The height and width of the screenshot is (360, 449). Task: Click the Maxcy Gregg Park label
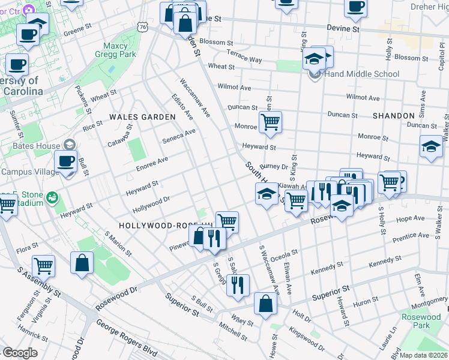pyautogui.click(x=119, y=50)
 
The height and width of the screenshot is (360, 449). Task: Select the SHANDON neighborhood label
pyautogui.click(x=393, y=115)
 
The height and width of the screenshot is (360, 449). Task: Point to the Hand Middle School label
pyautogui.click(x=361, y=74)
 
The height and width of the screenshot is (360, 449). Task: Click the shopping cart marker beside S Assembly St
pyautogui.click(x=43, y=265)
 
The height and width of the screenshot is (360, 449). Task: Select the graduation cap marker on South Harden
pyautogui.click(x=267, y=193)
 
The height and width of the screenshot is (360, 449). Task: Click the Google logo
pyautogui.click(x=20, y=353)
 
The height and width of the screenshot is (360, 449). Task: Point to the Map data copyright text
pyautogui.click(x=423, y=355)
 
